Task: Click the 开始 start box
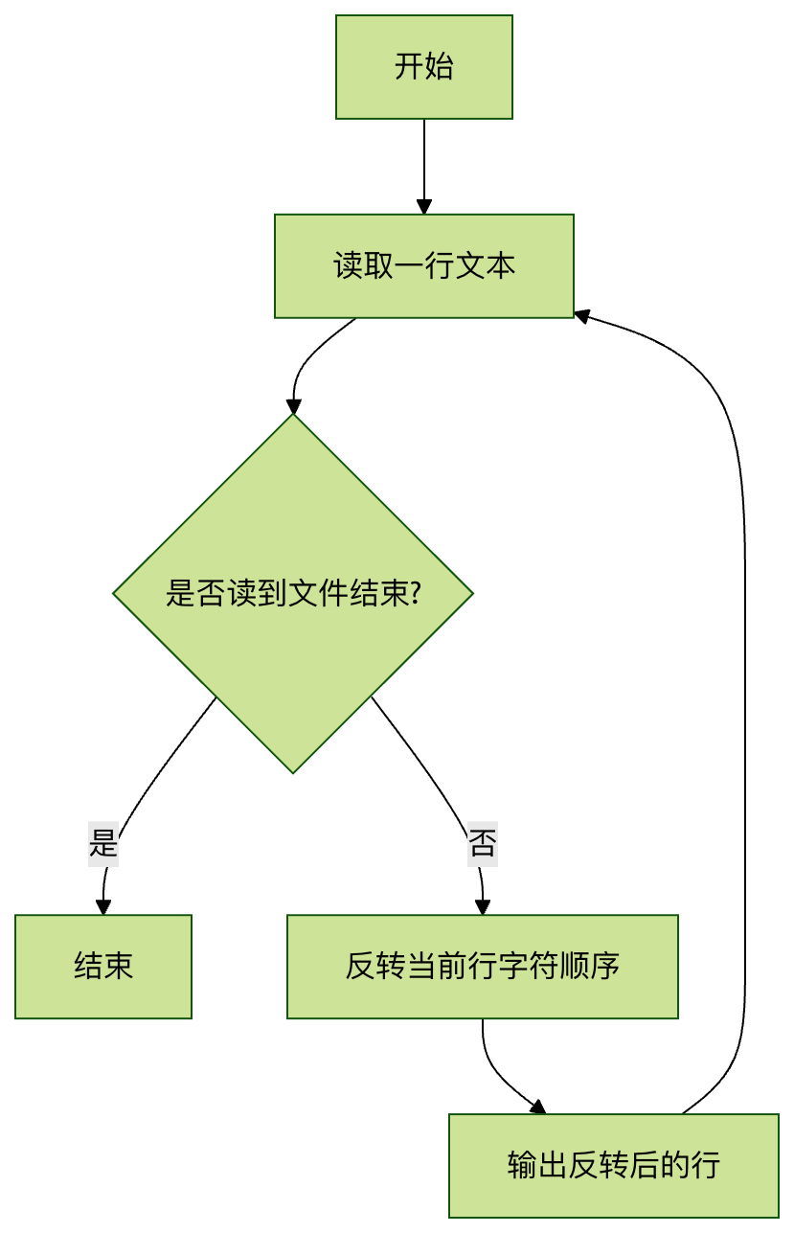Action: point(423,67)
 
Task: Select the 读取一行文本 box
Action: point(423,265)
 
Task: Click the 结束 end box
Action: point(103,966)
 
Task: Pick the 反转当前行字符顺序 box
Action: point(482,966)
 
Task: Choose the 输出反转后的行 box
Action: point(613,1165)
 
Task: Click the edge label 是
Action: point(103,844)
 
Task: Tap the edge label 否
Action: point(482,844)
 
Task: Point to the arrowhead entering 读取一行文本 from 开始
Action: point(423,207)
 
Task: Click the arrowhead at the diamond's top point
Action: point(293,406)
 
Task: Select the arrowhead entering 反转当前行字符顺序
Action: point(482,907)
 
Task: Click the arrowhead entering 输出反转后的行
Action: point(537,1107)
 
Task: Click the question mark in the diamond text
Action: point(416,594)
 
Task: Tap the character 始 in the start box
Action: point(439,67)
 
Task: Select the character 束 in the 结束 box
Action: point(119,966)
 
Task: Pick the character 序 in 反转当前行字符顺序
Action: point(604,966)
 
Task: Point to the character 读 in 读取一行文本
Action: point(347,265)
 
